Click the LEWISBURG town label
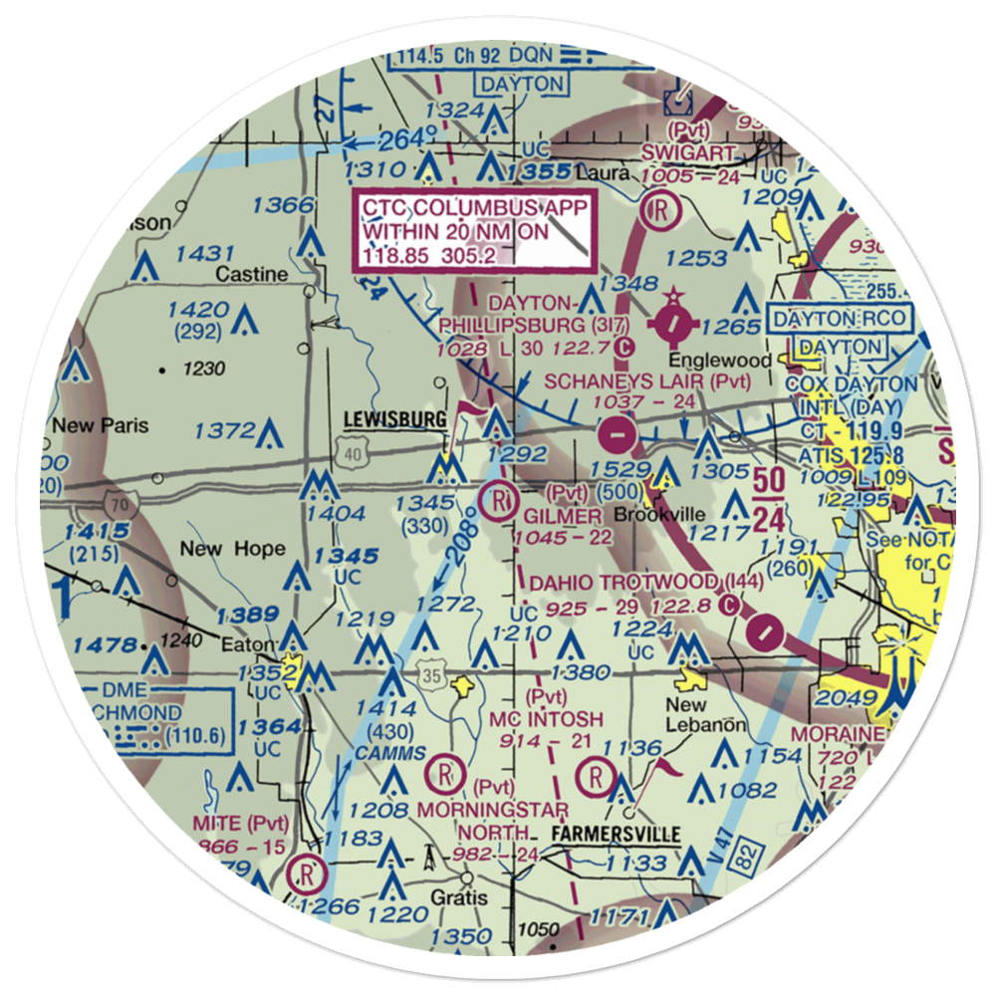(394, 420)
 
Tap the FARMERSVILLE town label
(611, 834)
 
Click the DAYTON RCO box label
(840, 321)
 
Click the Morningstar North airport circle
(442, 773)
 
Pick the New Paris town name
(101, 425)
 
